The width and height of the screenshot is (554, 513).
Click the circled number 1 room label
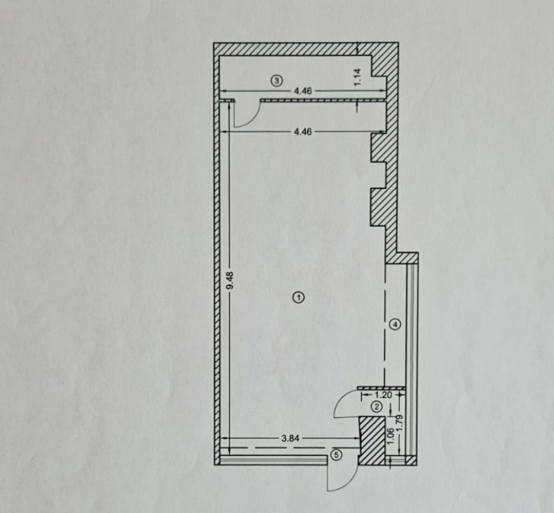(x=298, y=298)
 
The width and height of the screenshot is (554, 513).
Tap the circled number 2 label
(x=376, y=407)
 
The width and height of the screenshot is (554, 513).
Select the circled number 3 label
(x=277, y=81)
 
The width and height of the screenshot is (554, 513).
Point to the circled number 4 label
(x=395, y=324)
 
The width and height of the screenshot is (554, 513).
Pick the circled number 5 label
(x=336, y=455)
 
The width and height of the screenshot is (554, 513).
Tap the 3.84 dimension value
(x=290, y=438)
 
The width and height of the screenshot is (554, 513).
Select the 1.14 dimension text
(x=358, y=77)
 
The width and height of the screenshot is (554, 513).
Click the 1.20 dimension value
(x=383, y=395)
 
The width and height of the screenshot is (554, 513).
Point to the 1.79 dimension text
(x=400, y=423)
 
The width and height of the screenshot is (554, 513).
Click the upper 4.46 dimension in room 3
(x=303, y=92)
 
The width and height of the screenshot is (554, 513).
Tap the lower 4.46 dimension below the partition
(x=303, y=132)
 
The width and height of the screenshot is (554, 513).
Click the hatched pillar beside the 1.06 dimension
(x=372, y=441)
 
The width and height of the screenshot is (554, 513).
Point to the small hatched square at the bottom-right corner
(x=410, y=461)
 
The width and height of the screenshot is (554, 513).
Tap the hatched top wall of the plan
(x=306, y=49)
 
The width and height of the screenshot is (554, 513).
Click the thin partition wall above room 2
(x=382, y=388)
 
